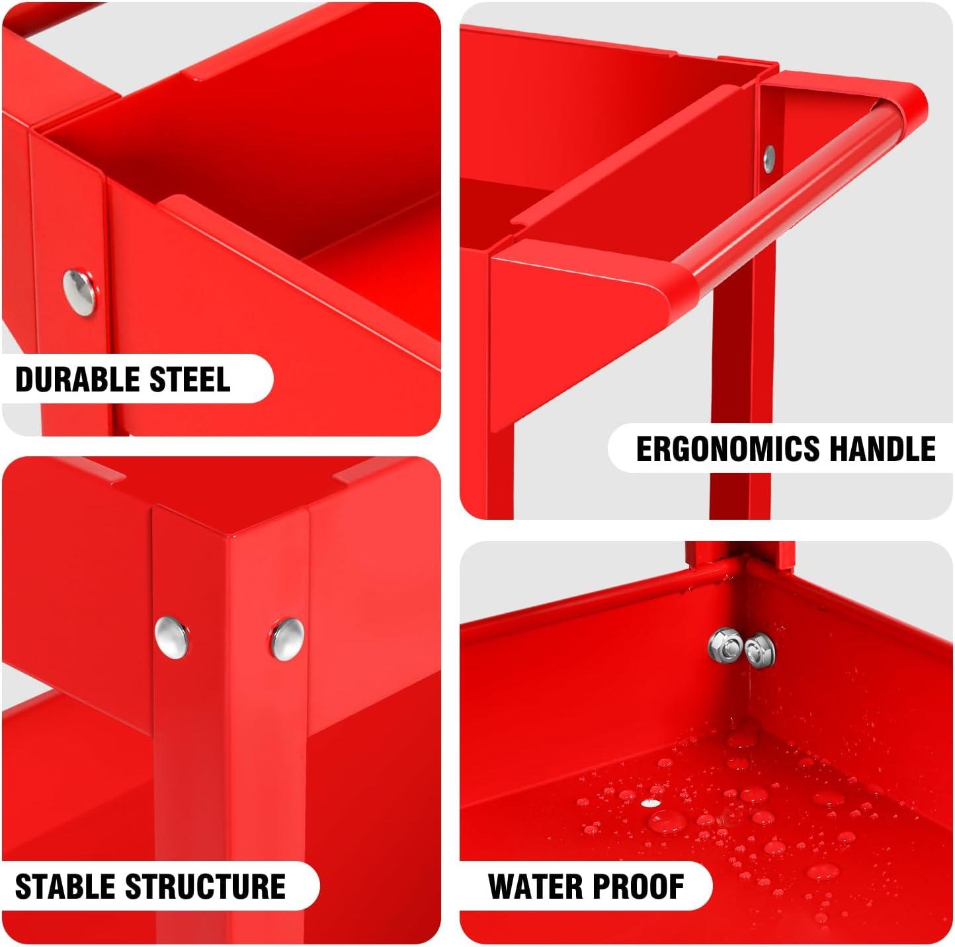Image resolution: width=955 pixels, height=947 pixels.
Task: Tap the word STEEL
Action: pos(190,380)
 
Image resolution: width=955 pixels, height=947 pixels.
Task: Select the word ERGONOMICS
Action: pos(727,448)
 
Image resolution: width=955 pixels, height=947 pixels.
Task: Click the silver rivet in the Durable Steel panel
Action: pos(79,292)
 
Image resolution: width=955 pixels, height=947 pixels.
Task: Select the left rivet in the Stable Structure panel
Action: pos(171,638)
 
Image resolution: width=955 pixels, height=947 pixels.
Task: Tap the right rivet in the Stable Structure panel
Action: pos(287,639)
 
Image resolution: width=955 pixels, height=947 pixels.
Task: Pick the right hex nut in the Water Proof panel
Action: pos(759,649)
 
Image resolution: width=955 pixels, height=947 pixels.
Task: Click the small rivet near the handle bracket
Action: pos(768,159)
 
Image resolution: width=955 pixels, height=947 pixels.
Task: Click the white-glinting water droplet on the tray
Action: pos(651,803)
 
